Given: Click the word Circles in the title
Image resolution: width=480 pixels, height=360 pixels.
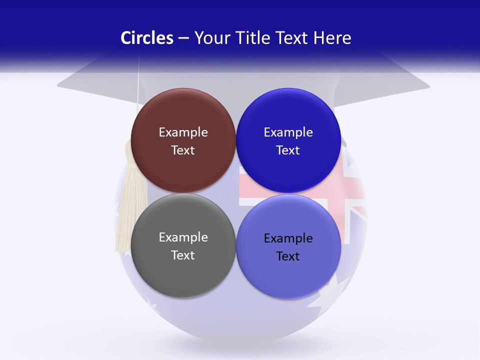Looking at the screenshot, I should click(146, 38).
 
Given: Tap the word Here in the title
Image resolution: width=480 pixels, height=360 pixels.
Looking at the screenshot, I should click(332, 38).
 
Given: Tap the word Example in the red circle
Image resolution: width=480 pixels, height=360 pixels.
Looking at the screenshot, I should click(183, 132).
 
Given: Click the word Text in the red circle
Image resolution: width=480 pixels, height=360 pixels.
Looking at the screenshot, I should click(183, 150).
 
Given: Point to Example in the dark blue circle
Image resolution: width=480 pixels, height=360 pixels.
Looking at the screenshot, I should click(288, 132).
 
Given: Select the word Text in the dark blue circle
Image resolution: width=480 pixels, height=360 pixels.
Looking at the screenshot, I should click(288, 150).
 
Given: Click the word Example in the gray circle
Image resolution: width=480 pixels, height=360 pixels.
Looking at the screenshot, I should click(183, 237).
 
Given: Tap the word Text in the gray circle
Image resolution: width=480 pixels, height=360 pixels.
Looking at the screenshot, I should click(183, 255).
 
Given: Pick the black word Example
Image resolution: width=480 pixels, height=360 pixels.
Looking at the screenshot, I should click(288, 238).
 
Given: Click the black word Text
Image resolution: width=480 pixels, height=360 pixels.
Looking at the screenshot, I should click(288, 256).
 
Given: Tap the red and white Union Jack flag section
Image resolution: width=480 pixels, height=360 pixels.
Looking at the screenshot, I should click(350, 190).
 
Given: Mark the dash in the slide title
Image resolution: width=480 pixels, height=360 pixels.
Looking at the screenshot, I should click(183, 38).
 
